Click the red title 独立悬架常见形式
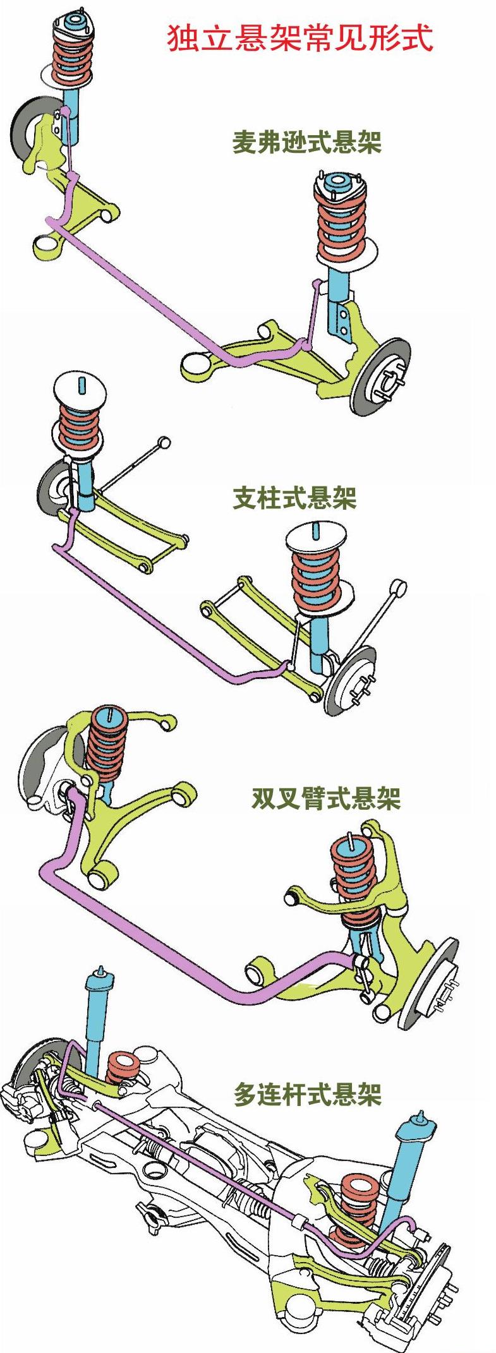pyautogui.click(x=299, y=38)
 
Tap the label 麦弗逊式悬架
pyautogui.click(x=306, y=143)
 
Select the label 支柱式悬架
pyautogui.click(x=294, y=498)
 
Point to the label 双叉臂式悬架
pyautogui.click(x=326, y=798)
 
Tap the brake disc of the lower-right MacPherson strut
pyautogui.click(x=380, y=377)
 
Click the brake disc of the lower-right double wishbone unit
pyautogui.click(x=428, y=983)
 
